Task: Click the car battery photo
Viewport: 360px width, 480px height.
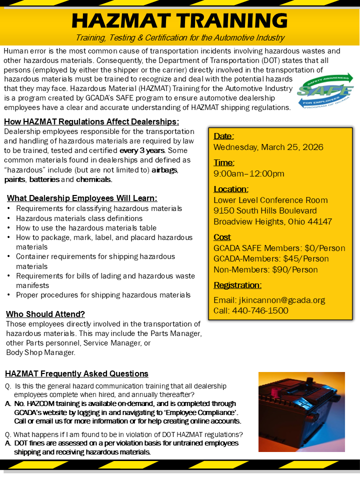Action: tap(301, 411)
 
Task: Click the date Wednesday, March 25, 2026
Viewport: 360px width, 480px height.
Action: tap(268, 147)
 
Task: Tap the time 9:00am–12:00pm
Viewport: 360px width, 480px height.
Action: tap(249, 173)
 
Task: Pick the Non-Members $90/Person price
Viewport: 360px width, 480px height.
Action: tap(265, 269)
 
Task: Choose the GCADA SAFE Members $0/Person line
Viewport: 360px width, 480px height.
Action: tap(279, 248)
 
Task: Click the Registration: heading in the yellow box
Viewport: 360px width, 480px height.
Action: tap(237, 285)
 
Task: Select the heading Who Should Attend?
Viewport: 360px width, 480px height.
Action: tap(45, 314)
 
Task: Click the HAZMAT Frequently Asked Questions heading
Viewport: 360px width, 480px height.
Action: tap(76, 373)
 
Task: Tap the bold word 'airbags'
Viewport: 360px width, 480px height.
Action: tap(164, 169)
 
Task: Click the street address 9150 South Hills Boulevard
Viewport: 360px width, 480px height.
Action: tap(265, 210)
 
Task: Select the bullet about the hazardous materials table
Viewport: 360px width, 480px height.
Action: tap(86, 227)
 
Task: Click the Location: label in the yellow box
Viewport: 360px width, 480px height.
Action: tap(231, 189)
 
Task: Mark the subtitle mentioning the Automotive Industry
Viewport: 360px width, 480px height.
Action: tap(180, 38)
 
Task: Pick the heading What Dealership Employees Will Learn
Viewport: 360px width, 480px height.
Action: tap(82, 198)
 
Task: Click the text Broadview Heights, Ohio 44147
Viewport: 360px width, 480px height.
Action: tap(272, 221)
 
